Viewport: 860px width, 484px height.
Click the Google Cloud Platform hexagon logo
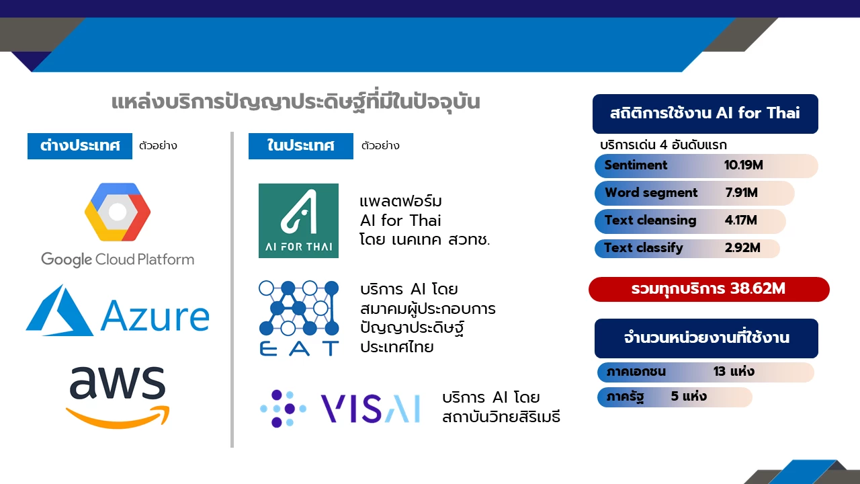[118, 212]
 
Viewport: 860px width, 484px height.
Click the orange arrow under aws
[118, 417]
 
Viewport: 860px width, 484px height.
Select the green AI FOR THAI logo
[298, 220]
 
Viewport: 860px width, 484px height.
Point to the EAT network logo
[299, 318]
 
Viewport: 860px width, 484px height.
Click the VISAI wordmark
[370, 408]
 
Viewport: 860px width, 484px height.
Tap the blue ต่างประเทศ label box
[80, 146]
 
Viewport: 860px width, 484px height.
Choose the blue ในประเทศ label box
[300, 146]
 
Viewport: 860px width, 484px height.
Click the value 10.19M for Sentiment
[743, 165]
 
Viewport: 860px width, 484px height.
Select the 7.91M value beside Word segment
[741, 192]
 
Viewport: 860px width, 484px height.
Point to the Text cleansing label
[650, 220]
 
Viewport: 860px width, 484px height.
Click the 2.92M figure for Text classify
[742, 248]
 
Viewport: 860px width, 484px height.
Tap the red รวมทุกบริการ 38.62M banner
[709, 289]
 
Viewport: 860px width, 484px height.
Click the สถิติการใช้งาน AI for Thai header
[705, 114]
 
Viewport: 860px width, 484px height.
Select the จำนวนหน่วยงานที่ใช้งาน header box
[706, 338]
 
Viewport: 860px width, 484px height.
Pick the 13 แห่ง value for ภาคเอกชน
[734, 372]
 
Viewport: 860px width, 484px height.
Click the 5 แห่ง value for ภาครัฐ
[689, 396]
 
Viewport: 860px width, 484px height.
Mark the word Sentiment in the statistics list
[636, 165]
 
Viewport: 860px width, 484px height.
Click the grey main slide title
[296, 103]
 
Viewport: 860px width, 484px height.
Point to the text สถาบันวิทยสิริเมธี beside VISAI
[501, 417]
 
